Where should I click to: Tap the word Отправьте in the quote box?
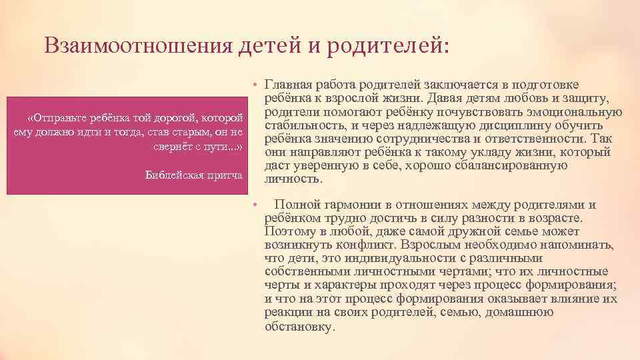click(66, 118)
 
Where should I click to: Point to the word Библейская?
click(173, 175)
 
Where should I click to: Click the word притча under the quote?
click(224, 175)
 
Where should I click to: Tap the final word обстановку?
click(299, 326)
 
